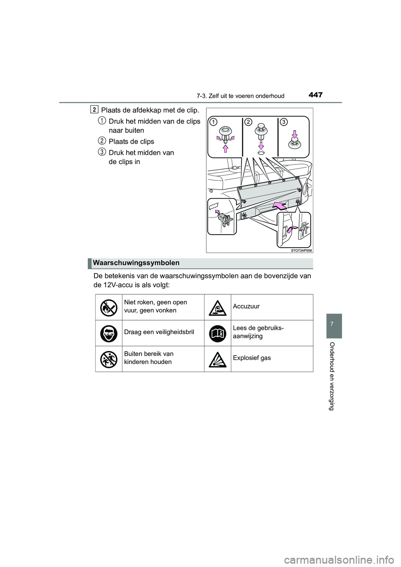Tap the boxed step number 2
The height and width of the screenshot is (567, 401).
click(x=95, y=109)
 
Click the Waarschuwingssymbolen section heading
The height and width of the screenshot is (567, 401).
click(x=137, y=263)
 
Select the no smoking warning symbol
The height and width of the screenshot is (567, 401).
click(x=109, y=307)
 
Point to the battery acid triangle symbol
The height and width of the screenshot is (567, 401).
click(x=218, y=307)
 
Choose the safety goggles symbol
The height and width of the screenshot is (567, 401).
click(x=109, y=333)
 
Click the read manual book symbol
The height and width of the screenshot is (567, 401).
click(x=218, y=333)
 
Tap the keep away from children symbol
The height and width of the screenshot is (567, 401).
click(x=109, y=359)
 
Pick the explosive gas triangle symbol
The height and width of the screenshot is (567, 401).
click(x=218, y=359)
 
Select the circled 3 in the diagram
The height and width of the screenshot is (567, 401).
click(x=284, y=121)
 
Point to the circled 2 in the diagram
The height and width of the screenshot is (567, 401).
click(x=249, y=121)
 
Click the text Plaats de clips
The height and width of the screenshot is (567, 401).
click(x=131, y=142)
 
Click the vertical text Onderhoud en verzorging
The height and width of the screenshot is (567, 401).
click(x=333, y=376)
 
